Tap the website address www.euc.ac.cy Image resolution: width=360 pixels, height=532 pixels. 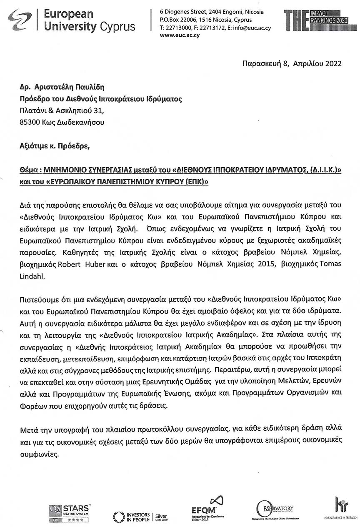180,35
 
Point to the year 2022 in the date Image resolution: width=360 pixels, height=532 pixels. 333,64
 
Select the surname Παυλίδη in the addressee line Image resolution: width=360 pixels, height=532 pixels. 89,87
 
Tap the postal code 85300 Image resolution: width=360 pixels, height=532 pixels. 29,122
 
